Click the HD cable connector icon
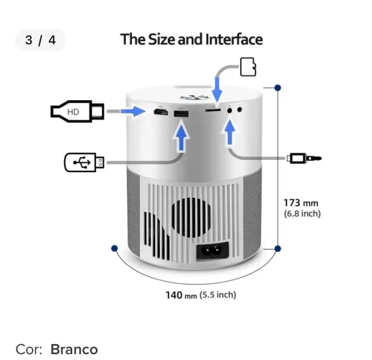(77, 112)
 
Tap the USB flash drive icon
(84, 162)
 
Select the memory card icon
(248, 67)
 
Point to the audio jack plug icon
(304, 158)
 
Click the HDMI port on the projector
(161, 112)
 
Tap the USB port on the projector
(181, 114)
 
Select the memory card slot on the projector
(213, 110)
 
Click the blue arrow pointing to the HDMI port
(133, 112)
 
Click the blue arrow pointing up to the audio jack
(230, 132)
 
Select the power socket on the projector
(213, 251)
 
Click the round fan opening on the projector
(191, 217)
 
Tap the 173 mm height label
(301, 203)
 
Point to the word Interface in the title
(234, 40)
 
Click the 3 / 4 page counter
(40, 40)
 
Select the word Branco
(74, 349)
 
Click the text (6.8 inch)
(302, 214)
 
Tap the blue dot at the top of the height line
(278, 88)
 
